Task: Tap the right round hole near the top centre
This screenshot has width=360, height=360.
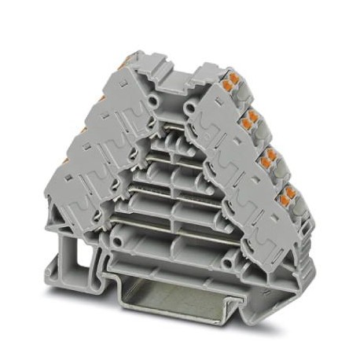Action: pos(189,103)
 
